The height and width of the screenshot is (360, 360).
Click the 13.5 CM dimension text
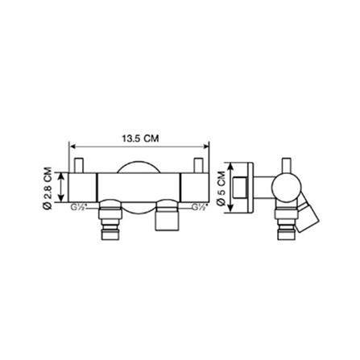pos(139,138)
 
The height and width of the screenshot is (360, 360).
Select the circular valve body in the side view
pos(284,188)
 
